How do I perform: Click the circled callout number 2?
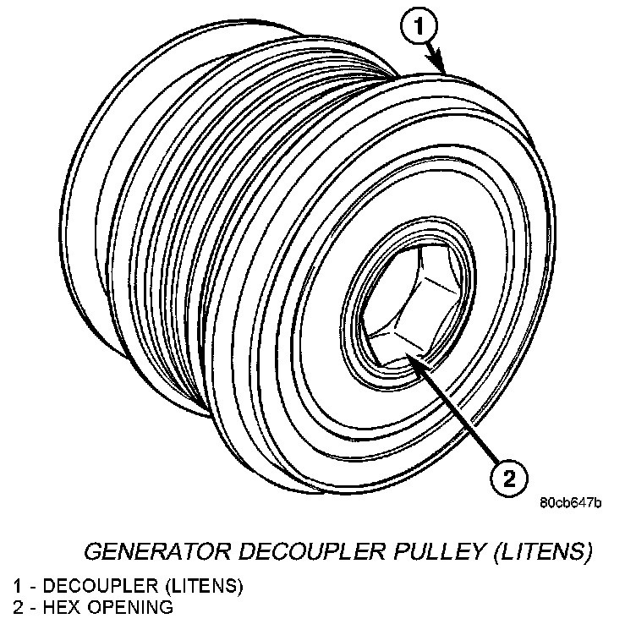point(509,479)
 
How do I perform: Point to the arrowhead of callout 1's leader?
point(441,68)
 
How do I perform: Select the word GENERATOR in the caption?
point(160,553)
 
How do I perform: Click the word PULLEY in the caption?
point(437,553)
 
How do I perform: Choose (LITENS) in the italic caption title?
point(539,553)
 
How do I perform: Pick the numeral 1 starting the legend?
point(17,585)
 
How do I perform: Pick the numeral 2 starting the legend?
point(17,607)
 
